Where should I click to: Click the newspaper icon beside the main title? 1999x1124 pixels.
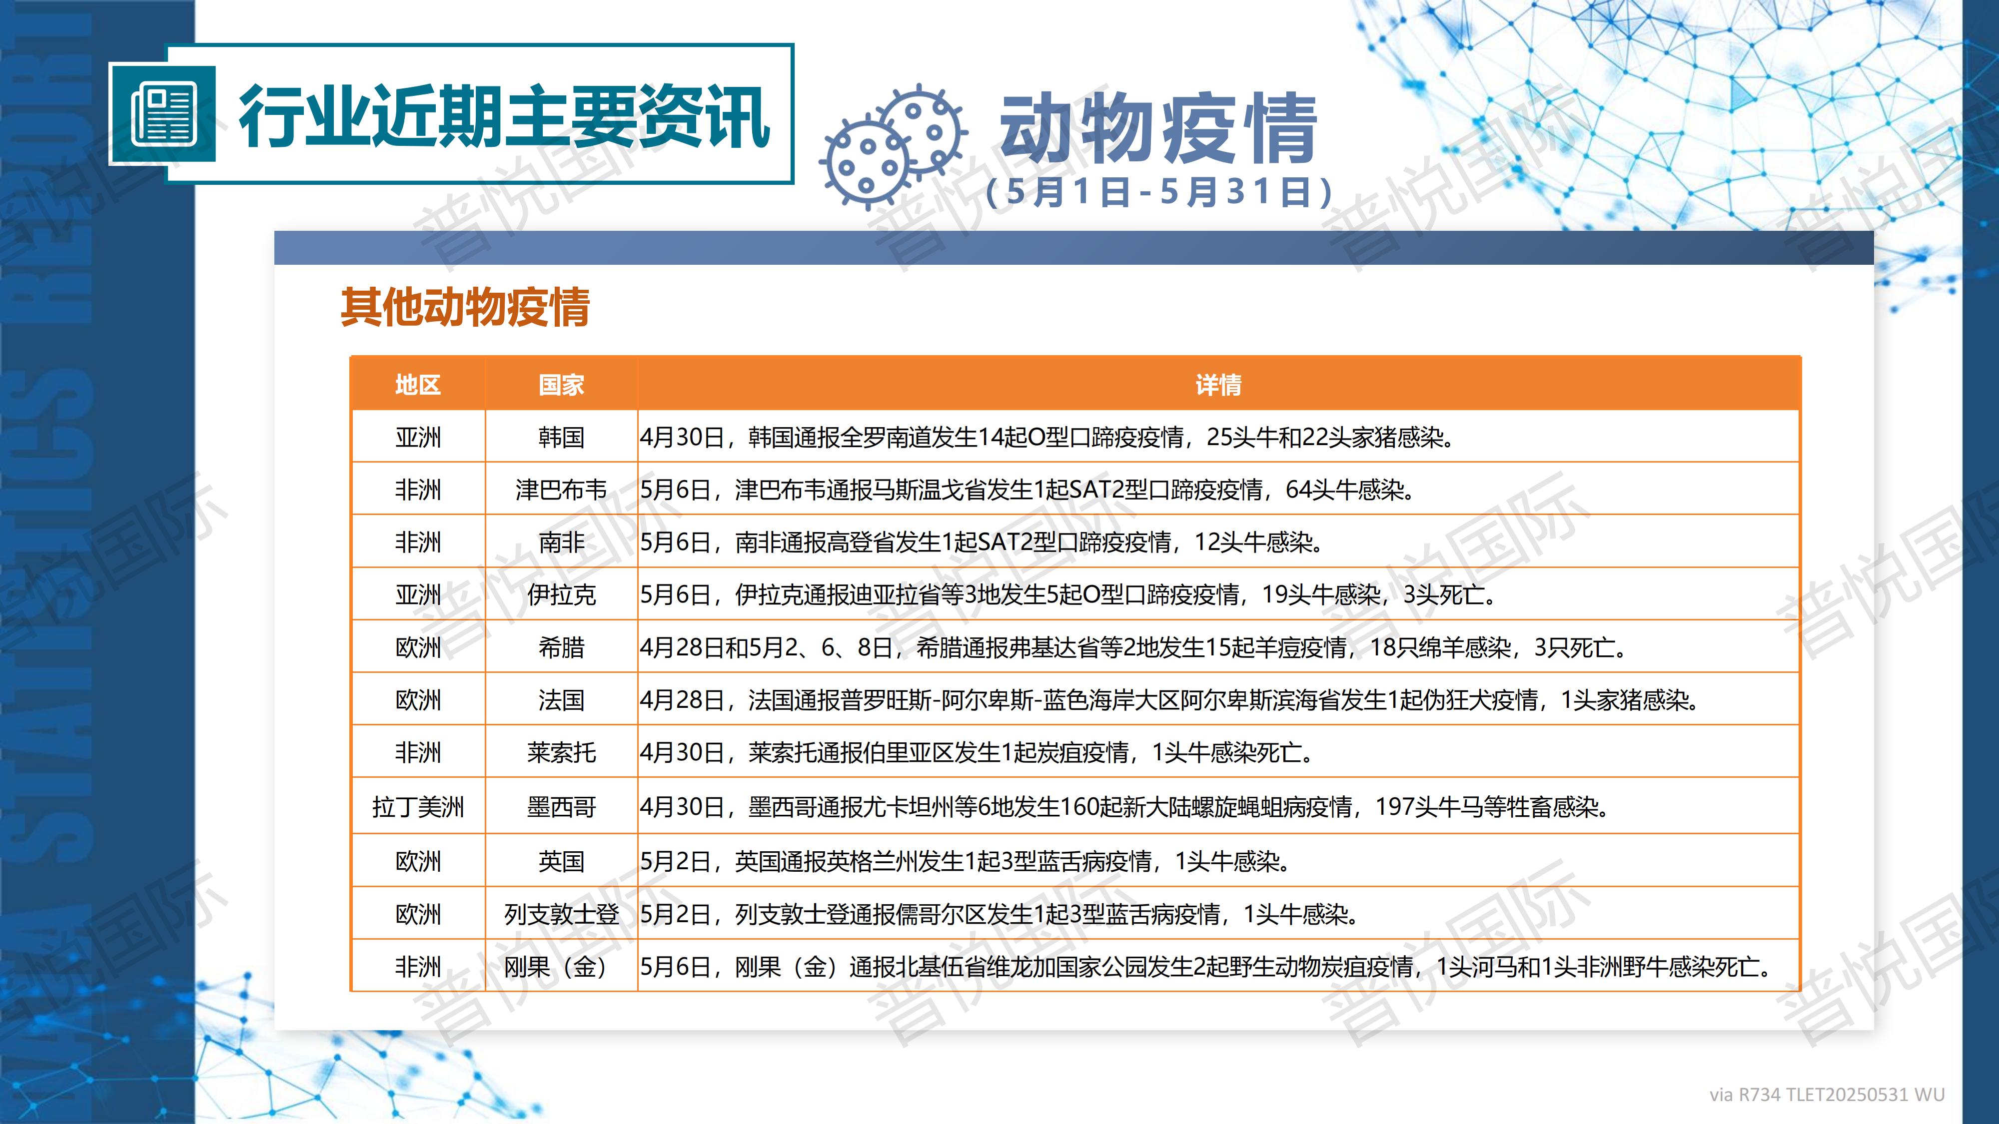point(163,115)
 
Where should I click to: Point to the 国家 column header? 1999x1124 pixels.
point(561,385)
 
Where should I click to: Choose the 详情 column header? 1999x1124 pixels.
point(1218,385)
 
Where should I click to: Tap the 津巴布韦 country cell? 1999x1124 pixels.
point(561,490)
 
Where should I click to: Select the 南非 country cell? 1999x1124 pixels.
point(561,542)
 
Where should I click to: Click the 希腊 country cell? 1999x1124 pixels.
point(561,647)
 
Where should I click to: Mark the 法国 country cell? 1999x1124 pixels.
point(561,700)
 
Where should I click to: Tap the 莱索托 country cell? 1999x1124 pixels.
point(561,752)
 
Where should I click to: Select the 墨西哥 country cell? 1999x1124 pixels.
point(561,807)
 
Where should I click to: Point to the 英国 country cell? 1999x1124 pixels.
point(561,861)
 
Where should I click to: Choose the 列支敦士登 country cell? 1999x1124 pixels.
point(561,914)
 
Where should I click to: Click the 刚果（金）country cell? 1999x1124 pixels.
point(556,967)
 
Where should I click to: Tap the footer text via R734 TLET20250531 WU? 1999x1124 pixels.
point(1827,1095)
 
